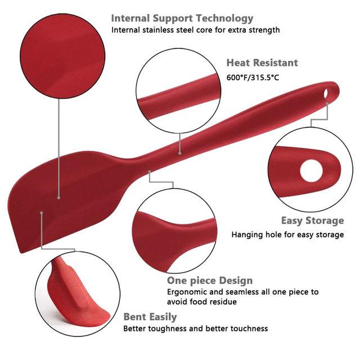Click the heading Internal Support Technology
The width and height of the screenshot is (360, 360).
182,19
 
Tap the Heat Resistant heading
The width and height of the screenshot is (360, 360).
262,62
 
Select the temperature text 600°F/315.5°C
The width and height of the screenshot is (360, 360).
253,78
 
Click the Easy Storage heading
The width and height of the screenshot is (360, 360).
313,220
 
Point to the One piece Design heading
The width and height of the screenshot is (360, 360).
210,281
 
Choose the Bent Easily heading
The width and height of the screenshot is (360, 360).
150,317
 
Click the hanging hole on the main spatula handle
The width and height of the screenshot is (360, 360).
326,93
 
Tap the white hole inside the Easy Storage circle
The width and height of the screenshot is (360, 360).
311,171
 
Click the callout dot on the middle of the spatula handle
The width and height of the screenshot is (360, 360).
180,153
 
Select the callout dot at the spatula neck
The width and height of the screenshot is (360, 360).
150,171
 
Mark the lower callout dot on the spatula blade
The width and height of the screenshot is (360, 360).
41,213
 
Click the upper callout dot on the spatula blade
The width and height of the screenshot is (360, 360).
58,197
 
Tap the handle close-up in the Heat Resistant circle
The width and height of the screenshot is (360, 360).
178,96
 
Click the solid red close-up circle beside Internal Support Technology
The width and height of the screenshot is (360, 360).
62,56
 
